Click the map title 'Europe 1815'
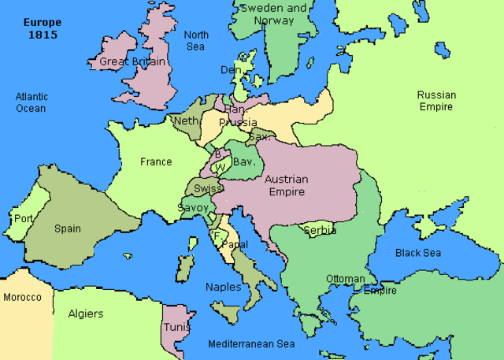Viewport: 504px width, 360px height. click(43, 28)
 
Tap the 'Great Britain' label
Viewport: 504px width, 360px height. click(132, 61)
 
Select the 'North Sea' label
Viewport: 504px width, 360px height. click(196, 41)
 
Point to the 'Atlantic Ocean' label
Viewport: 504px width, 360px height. click(31, 102)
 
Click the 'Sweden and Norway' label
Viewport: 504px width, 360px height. click(272, 14)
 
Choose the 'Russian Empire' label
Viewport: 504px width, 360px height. click(436, 101)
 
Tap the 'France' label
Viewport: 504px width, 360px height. click(156, 162)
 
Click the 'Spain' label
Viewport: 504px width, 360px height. click(68, 229)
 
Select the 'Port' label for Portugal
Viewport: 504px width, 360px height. click(23, 218)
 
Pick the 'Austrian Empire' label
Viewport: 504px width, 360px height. click(286, 186)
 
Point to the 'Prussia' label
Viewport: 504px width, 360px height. click(238, 123)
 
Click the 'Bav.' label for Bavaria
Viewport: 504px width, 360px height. click(242, 161)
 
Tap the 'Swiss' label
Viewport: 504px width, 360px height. click(207, 189)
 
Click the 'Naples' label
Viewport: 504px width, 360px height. click(223, 288)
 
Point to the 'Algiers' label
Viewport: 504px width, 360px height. click(86, 314)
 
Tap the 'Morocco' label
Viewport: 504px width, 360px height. click(22, 298)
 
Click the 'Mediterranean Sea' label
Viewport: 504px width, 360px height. click(251, 344)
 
